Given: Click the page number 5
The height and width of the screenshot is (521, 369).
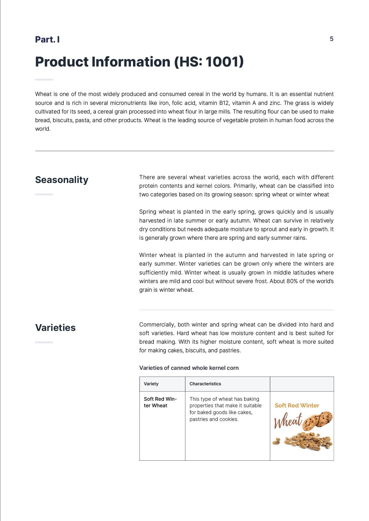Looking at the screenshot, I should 332,39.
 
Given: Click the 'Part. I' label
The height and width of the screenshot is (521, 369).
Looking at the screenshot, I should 47,40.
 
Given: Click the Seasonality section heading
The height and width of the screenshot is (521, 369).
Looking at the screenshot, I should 62,180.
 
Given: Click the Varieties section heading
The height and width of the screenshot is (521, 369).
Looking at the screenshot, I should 55,328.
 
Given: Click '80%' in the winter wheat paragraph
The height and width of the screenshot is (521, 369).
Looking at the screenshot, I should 292,281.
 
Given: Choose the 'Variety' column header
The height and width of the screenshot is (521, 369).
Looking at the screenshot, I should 151,384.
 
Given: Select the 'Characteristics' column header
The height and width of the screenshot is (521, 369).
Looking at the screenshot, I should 205,384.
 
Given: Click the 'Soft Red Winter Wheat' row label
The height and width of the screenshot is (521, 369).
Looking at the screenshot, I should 160,402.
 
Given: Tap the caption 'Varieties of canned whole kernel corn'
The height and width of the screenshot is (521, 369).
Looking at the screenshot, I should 189,368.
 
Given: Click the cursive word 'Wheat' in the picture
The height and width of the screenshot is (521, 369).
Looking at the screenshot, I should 288,421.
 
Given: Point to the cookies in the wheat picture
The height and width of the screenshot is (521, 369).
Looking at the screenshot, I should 318,420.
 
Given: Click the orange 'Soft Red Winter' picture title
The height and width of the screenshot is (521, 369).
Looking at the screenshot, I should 297,405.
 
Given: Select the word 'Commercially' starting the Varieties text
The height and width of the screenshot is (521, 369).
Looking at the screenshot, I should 156,325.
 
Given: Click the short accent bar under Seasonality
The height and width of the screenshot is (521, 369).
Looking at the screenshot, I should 44,195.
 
